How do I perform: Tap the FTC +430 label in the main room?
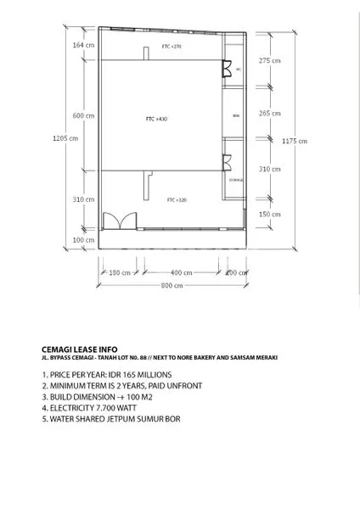tap(156, 119)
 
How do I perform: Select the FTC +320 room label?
tap(176, 199)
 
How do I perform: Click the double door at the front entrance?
tap(115, 221)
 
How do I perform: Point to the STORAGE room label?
tap(236, 180)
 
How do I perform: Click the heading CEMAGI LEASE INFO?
tap(80, 349)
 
